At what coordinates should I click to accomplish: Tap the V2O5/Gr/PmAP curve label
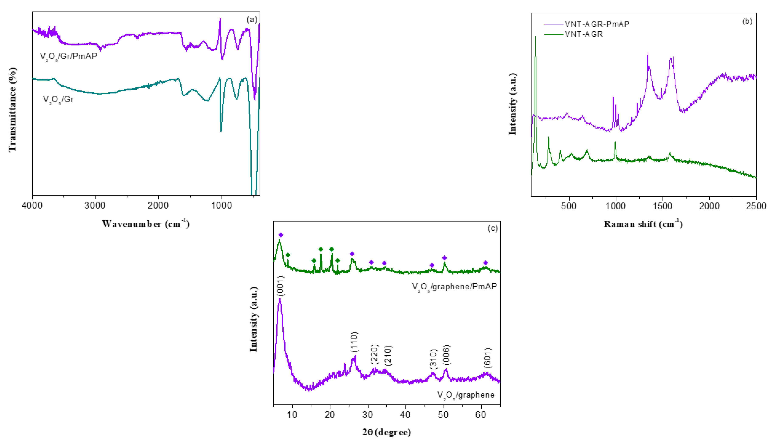pos(69,56)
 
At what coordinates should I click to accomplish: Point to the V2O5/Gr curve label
pos(58,99)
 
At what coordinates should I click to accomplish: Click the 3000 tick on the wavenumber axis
pos(95,206)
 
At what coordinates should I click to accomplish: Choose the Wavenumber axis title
pos(146,224)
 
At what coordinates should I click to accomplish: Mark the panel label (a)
pos(252,20)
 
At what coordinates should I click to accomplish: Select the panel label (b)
pos(747,21)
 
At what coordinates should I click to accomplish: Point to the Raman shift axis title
pos(643,224)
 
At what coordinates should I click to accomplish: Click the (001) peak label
pos(280,286)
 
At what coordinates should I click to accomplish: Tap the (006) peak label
pos(446,355)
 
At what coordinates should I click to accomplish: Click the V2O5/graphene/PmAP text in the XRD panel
pos(454,286)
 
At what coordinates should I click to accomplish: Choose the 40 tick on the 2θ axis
pos(405,414)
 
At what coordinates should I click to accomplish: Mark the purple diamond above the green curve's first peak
pos(281,235)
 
